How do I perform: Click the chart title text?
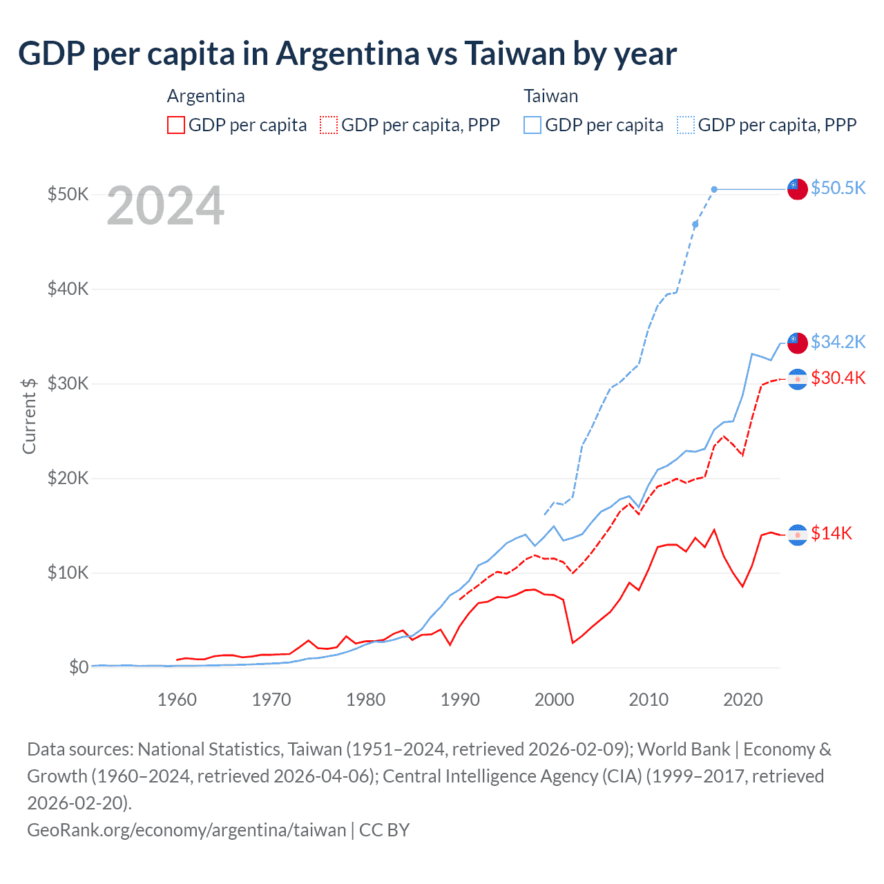pyautogui.click(x=347, y=53)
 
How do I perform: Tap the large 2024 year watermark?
pyautogui.click(x=166, y=206)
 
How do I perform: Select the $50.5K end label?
pyautogui.click(x=838, y=188)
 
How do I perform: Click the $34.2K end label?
pyautogui.click(x=838, y=341)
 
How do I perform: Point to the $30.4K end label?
pyautogui.click(x=838, y=378)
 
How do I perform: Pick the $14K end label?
pyautogui.click(x=832, y=533)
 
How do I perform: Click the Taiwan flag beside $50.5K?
pyautogui.click(x=798, y=189)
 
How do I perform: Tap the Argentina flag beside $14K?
pyautogui.click(x=798, y=534)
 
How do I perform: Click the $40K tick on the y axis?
pyautogui.click(x=68, y=289)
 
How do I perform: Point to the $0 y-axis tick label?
pyautogui.click(x=79, y=667)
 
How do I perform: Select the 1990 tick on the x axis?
pyautogui.click(x=460, y=700)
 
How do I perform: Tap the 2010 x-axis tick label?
pyautogui.click(x=648, y=700)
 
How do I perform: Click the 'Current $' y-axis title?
pyautogui.click(x=29, y=416)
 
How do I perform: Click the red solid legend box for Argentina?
pyautogui.click(x=176, y=125)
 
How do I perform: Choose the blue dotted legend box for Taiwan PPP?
pyautogui.click(x=686, y=125)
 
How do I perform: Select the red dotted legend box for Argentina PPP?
pyautogui.click(x=329, y=125)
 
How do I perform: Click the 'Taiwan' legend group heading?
pyautogui.click(x=550, y=96)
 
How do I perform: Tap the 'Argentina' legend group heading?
pyautogui.click(x=206, y=96)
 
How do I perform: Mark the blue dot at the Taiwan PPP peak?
pyautogui.click(x=714, y=189)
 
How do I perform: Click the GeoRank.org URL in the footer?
pyautogui.click(x=186, y=829)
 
